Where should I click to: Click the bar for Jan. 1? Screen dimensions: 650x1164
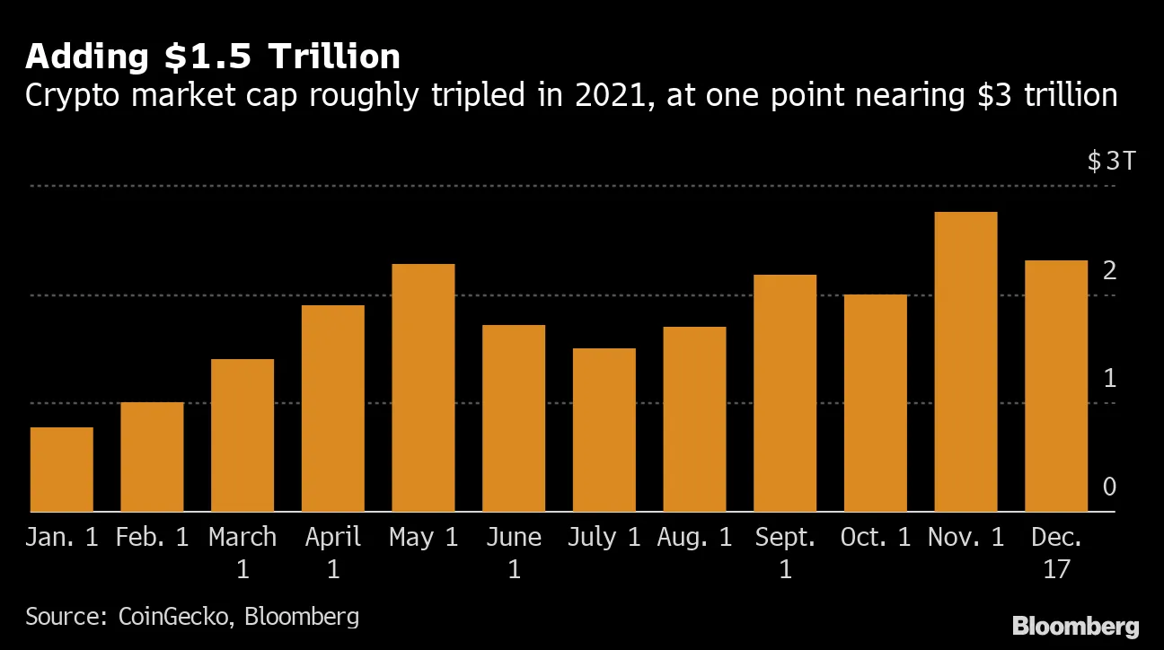62,470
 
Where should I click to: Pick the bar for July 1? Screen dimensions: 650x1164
604,430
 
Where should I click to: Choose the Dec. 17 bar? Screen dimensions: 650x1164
1056,386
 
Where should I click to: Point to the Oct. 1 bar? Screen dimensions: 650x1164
875,403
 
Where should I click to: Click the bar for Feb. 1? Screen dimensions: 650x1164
152,457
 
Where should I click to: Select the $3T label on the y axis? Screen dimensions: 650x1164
1111,162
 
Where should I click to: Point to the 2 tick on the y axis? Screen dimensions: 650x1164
1109,270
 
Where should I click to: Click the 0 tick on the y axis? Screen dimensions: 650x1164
1109,487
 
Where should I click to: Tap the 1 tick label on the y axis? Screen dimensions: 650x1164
1109,379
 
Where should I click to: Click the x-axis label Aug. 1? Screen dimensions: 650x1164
694,538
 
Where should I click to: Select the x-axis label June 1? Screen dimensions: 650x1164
514,552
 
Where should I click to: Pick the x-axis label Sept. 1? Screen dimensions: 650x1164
785,552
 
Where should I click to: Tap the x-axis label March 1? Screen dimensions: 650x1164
242,552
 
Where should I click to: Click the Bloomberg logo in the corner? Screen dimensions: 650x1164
1075,626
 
